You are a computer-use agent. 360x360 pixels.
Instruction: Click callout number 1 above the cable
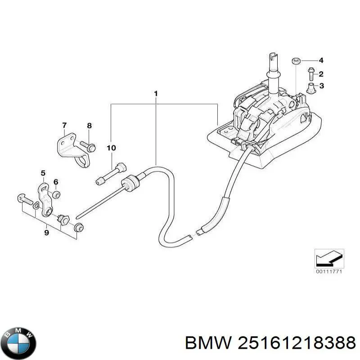point(155,94)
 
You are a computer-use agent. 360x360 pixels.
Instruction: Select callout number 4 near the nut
point(321,61)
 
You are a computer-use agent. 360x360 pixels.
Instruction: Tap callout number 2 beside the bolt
point(321,74)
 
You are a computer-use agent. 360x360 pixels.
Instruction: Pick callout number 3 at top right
point(321,86)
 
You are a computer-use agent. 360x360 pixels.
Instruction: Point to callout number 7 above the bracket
point(64,125)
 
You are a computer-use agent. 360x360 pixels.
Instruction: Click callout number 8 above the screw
point(89,126)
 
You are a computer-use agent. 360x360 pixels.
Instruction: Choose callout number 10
point(111,148)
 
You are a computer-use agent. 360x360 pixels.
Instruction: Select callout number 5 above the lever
point(43,172)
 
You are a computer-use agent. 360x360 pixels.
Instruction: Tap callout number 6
point(56,182)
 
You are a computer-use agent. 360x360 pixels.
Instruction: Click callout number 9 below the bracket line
point(46,233)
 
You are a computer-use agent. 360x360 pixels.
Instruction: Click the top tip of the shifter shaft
point(272,55)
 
